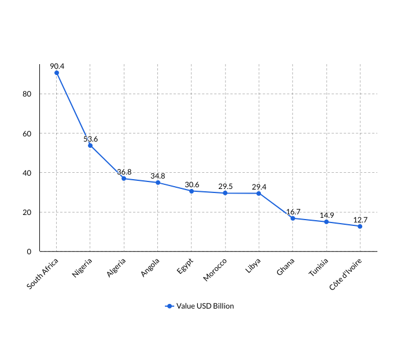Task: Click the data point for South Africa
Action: (x=57, y=73)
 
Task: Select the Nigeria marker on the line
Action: (x=90, y=146)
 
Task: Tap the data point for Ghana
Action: (x=293, y=218)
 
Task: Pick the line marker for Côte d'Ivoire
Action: (x=360, y=227)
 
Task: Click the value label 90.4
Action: (x=57, y=66)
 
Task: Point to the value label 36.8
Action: (x=124, y=172)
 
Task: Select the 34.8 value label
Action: (x=157, y=176)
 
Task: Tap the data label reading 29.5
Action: (x=225, y=187)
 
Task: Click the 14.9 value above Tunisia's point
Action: (x=326, y=216)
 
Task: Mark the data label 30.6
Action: (x=191, y=184)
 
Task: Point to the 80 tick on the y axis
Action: (x=27, y=94)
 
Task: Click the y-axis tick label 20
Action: (x=27, y=212)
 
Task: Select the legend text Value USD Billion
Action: (x=205, y=306)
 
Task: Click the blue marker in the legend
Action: (x=170, y=306)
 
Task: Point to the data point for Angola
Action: (x=157, y=183)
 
